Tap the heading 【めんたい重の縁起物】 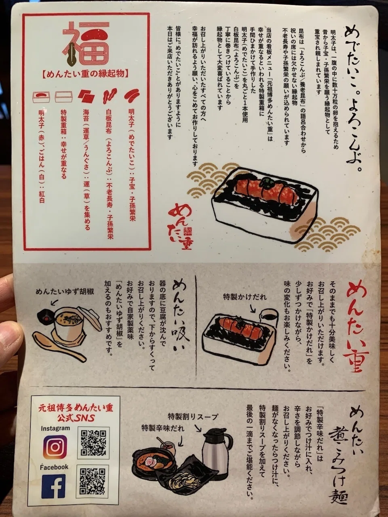86,74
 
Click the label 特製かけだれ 245,297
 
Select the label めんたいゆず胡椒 65,292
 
